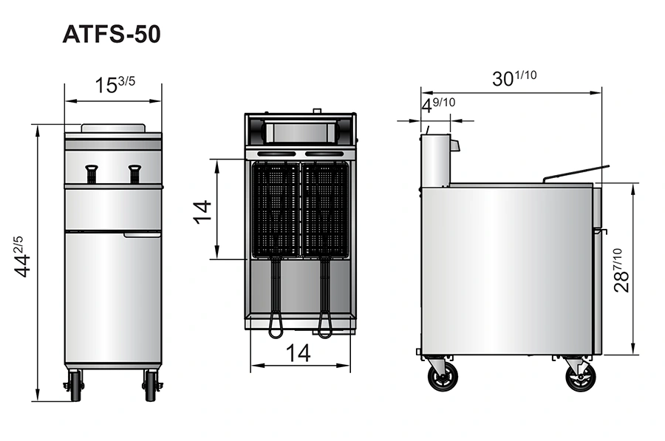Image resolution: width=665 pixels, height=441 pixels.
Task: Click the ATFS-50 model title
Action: [111, 35]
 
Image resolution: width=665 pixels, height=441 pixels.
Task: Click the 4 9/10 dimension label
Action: [438, 106]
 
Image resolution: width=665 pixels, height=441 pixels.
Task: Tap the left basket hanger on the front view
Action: [92, 174]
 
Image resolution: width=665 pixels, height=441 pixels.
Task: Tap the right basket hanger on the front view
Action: [134, 174]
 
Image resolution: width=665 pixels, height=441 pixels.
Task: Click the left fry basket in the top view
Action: [276, 210]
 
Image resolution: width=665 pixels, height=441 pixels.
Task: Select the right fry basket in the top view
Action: [324, 210]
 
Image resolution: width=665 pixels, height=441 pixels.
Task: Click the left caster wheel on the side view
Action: [443, 376]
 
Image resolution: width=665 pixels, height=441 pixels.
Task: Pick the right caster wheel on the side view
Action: [580, 376]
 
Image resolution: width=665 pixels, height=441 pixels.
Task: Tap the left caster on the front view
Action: [75, 385]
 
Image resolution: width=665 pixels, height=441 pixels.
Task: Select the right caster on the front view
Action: [151, 385]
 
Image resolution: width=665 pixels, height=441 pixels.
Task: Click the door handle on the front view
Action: [142, 235]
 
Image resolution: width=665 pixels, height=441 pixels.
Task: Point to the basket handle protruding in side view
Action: [576, 172]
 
